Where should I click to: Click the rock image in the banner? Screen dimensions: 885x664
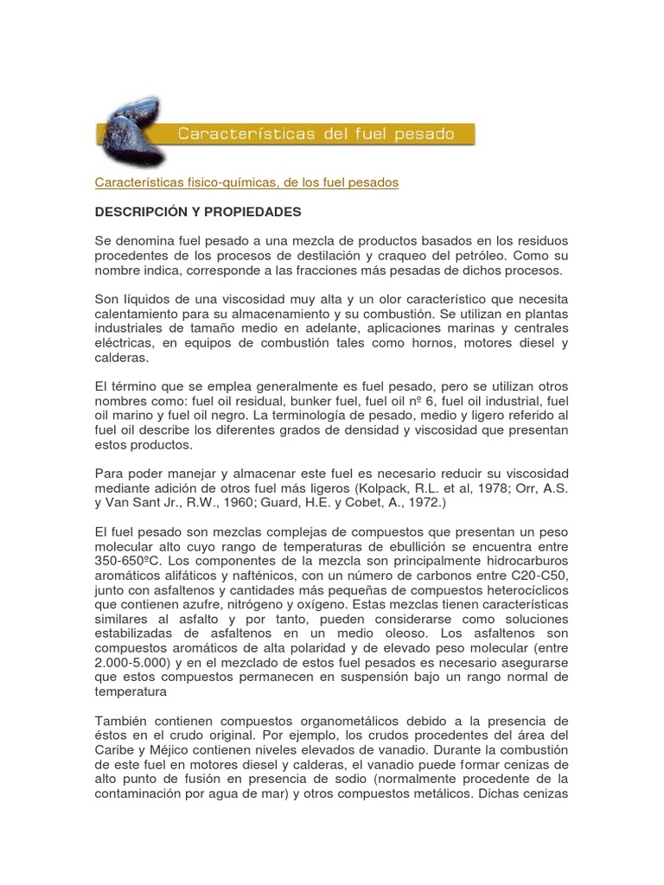click(x=130, y=131)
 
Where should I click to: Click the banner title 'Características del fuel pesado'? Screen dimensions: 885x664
click(x=316, y=134)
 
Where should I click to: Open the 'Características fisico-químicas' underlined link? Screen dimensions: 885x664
click(x=246, y=182)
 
